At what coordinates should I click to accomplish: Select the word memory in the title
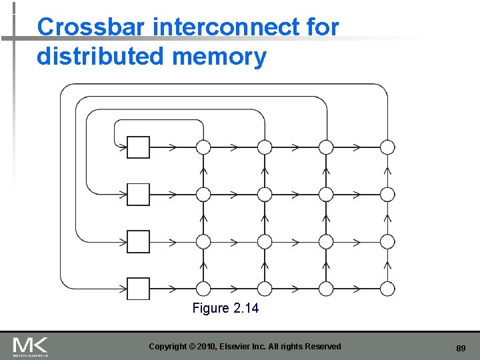pyautogui.click(x=219, y=57)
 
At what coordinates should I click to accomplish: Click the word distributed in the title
pyautogui.click(x=101, y=57)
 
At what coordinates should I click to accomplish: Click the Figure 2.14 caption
pyautogui.click(x=225, y=309)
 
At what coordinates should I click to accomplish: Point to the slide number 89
pyautogui.click(x=461, y=348)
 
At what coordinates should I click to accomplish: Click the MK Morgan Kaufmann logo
pyautogui.click(x=30, y=347)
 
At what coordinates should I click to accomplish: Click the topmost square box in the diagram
pyautogui.click(x=139, y=147)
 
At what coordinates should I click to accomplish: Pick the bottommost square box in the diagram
pyautogui.click(x=139, y=289)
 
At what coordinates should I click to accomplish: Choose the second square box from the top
pyautogui.click(x=139, y=194)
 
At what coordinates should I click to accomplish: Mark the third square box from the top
pyautogui.click(x=139, y=241)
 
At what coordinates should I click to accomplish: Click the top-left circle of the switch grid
pyautogui.click(x=203, y=147)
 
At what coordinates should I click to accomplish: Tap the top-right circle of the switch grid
pyautogui.click(x=387, y=147)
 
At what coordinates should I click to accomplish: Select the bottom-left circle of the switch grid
pyautogui.click(x=203, y=289)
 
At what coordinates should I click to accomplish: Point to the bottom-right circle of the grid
pyautogui.click(x=387, y=289)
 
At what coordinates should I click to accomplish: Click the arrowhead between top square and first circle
pyautogui.click(x=172, y=147)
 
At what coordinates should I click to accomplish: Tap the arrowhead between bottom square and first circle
pyautogui.click(x=172, y=289)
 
